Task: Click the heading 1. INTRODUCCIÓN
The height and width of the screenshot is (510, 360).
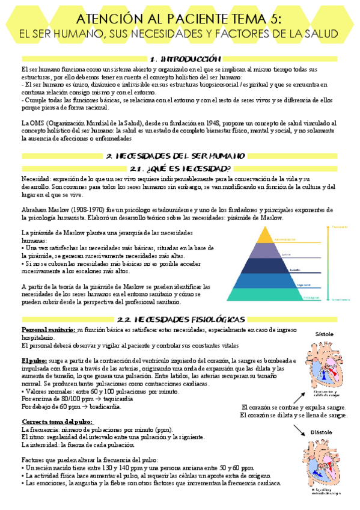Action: (180, 59)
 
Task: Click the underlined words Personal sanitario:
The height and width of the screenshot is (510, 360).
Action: (48, 330)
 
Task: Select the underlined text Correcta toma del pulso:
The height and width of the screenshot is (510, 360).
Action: (56, 404)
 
